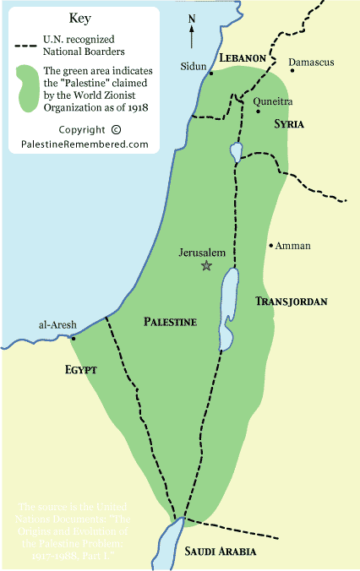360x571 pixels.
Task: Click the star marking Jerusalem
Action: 205,265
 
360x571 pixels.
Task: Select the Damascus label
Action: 311,63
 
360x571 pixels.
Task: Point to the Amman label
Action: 292,246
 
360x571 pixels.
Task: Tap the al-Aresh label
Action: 54,324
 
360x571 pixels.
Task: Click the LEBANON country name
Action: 243,57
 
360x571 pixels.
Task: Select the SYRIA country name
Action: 288,124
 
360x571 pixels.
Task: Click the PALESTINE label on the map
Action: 170,322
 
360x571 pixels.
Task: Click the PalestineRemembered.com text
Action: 85,144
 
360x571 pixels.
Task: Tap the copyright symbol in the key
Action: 116,129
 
